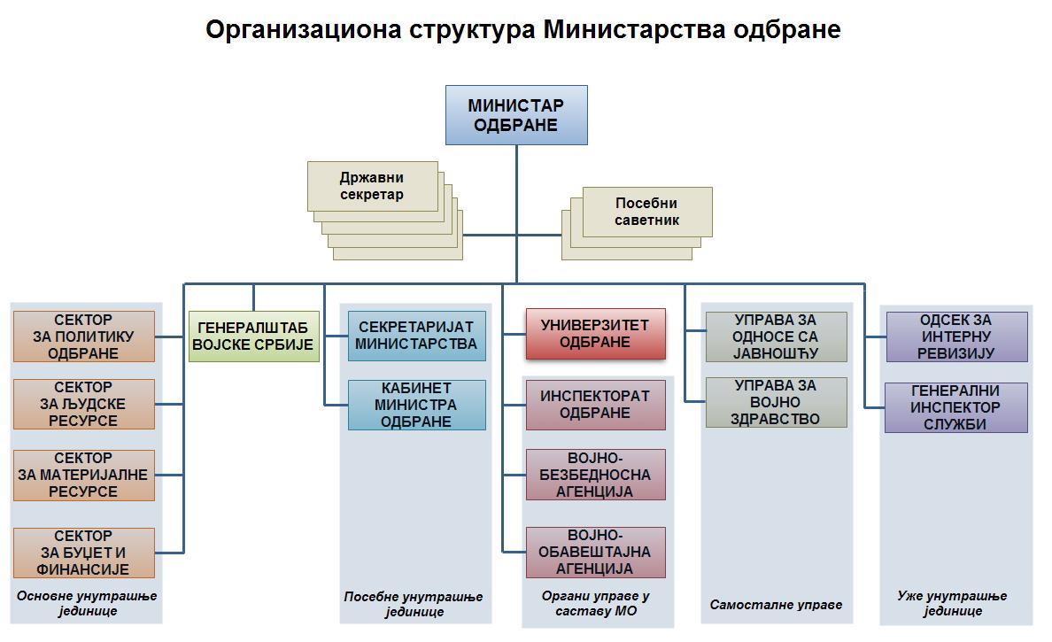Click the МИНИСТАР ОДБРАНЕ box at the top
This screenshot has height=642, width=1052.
click(516, 115)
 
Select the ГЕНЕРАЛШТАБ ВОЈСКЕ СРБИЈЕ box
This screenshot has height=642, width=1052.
click(254, 336)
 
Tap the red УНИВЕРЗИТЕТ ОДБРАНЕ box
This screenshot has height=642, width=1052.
click(595, 334)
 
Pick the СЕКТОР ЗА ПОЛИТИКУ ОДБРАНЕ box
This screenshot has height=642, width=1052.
click(84, 336)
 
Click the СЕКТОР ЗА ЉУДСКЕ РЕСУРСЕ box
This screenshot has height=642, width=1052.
click(84, 404)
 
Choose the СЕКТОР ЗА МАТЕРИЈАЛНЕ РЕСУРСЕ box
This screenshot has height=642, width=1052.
click(84, 475)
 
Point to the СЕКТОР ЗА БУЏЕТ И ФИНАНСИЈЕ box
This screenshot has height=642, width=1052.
click(84, 553)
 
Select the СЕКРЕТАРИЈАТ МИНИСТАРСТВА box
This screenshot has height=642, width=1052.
click(417, 336)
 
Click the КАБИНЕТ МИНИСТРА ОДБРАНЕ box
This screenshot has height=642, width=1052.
click(417, 405)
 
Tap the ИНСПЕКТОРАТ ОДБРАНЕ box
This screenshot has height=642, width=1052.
click(595, 405)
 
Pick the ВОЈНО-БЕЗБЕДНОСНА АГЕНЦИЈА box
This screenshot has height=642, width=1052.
click(595, 475)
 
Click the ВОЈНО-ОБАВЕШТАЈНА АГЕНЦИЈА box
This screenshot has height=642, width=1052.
click(595, 552)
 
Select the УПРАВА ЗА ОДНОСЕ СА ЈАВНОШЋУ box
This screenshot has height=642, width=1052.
click(776, 336)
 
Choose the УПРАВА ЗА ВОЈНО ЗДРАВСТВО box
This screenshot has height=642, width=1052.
click(776, 402)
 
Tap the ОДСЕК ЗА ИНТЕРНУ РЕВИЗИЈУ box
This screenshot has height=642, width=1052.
click(956, 336)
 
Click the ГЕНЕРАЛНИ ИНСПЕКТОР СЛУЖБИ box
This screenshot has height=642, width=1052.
click(956, 407)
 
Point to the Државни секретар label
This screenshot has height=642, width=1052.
click(372, 186)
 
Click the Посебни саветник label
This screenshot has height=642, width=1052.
click(646, 212)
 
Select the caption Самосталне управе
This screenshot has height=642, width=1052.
click(776, 605)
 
